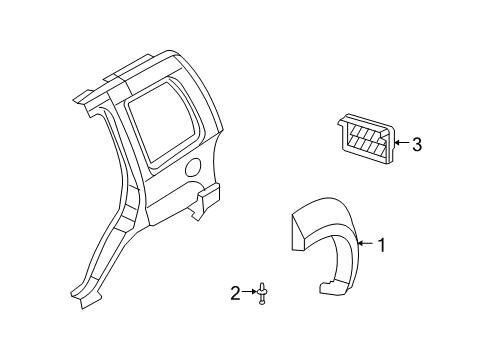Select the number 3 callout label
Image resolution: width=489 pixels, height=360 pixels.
416,145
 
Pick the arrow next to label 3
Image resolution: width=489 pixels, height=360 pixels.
401,145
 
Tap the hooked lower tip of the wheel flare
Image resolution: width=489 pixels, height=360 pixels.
329,290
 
